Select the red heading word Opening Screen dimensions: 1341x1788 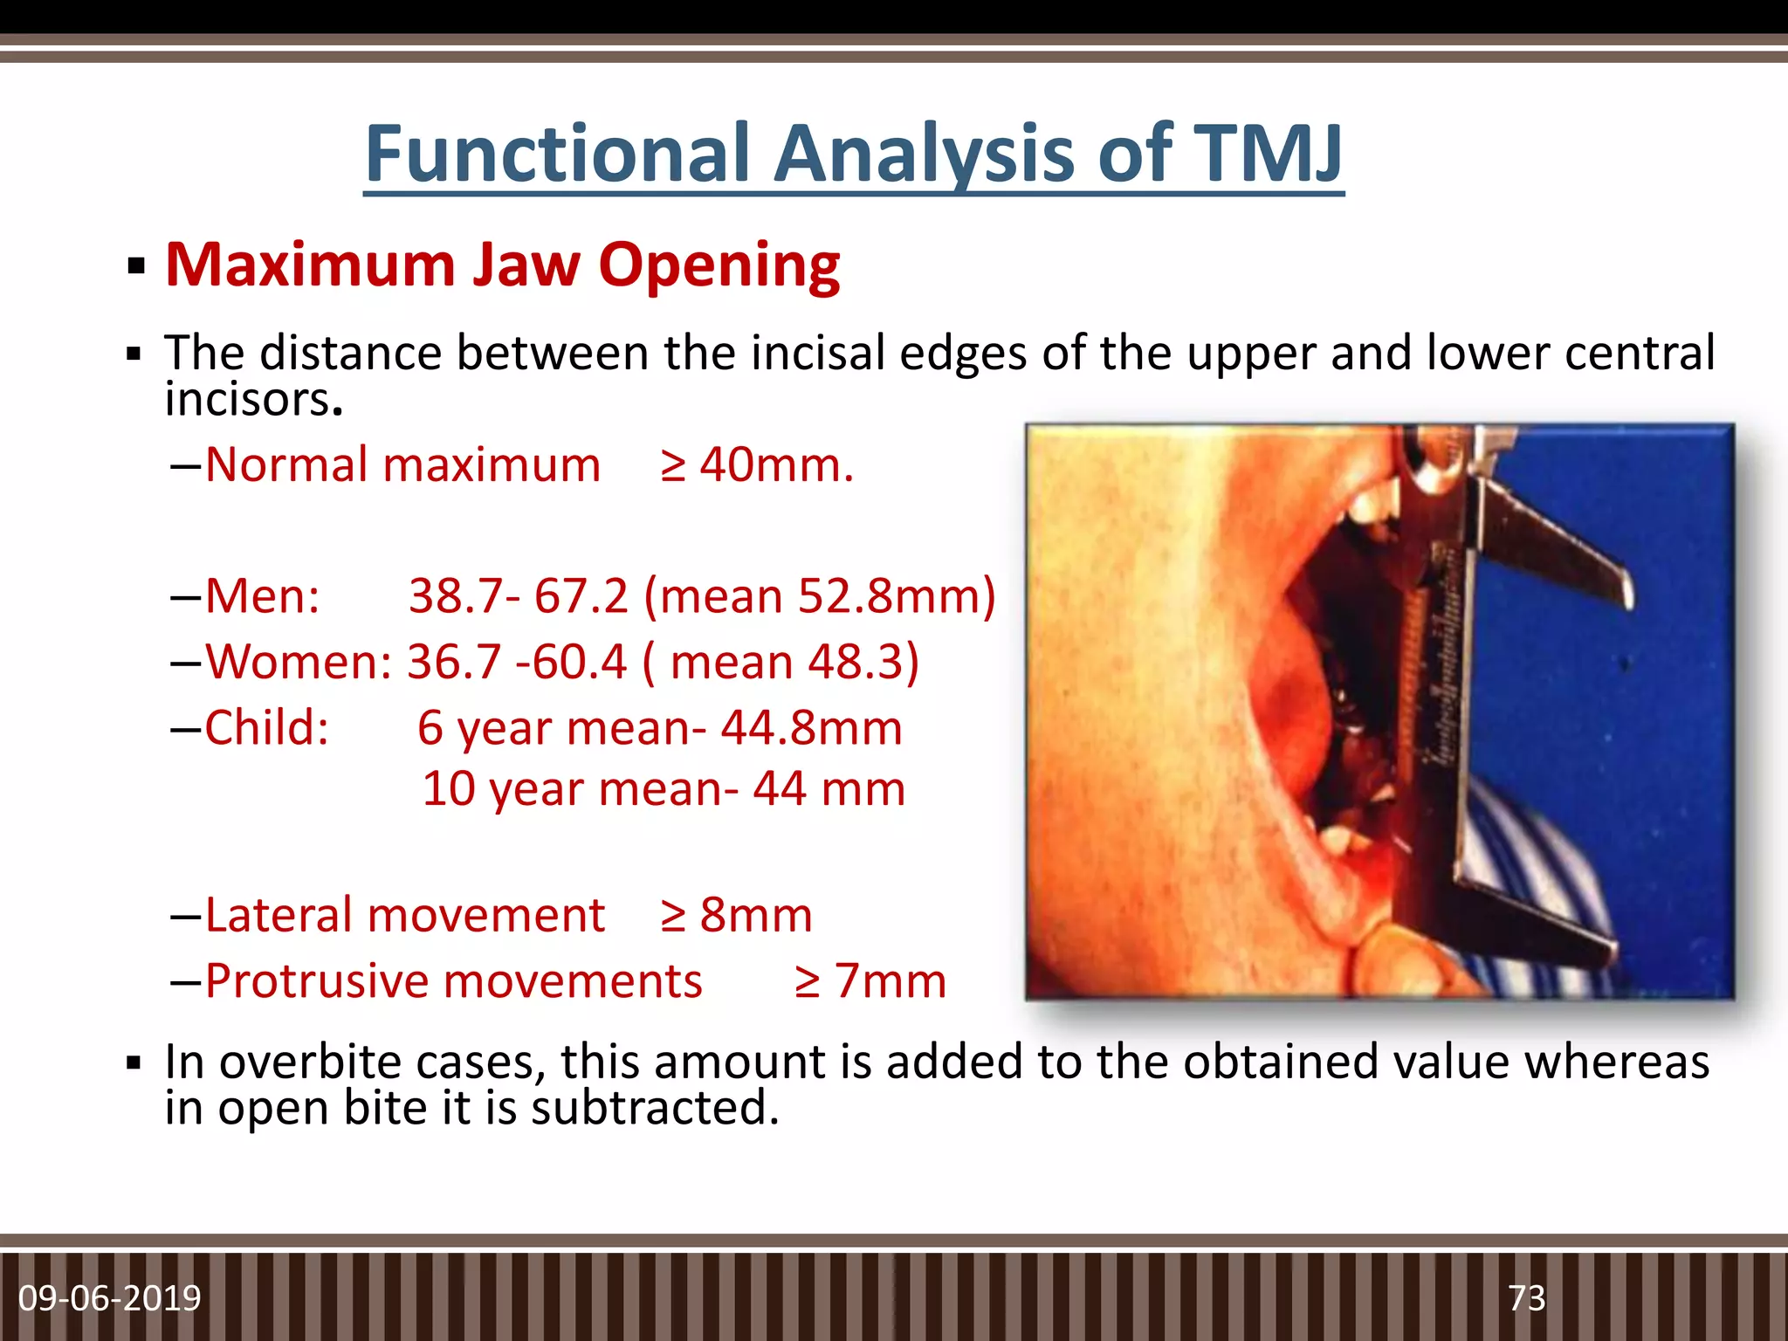pos(719,265)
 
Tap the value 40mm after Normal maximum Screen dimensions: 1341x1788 pos(775,464)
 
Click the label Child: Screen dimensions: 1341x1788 pos(266,727)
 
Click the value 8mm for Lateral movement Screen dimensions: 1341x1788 pos(755,915)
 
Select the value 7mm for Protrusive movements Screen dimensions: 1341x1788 pos(890,980)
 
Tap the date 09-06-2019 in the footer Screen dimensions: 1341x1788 pos(110,1298)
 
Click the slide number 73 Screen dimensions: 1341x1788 pos(1526,1298)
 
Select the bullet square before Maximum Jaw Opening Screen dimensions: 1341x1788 pos(134,266)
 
